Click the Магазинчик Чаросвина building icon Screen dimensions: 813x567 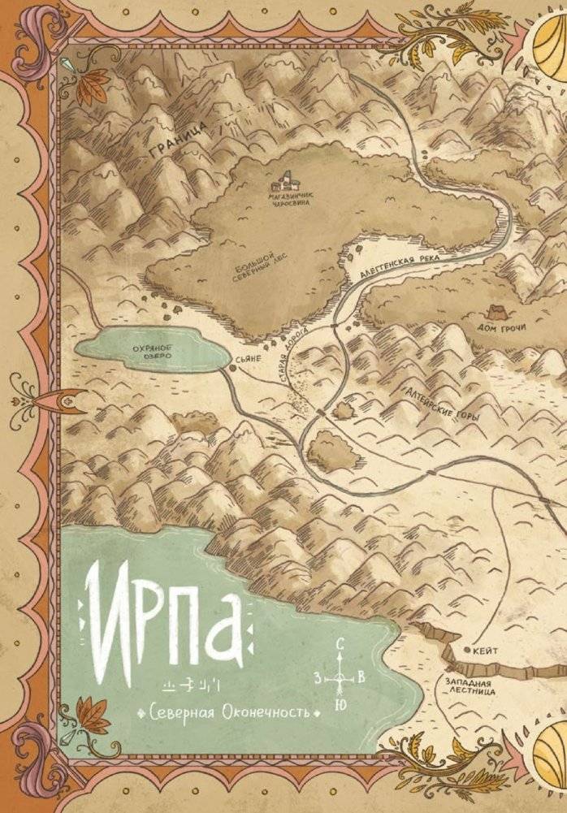(287, 179)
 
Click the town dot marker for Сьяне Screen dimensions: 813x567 (231, 368)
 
